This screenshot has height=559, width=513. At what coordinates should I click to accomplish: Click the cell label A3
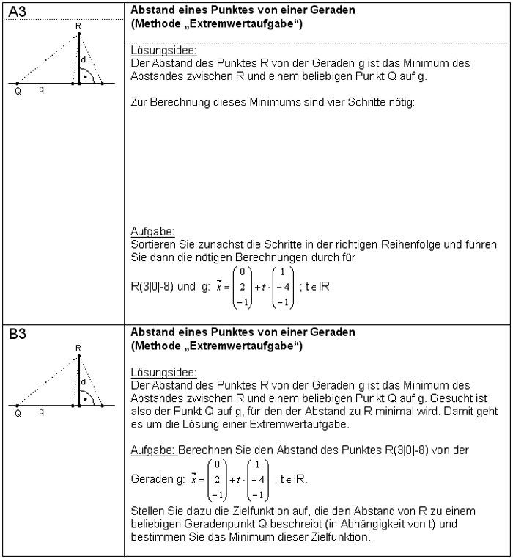click(x=18, y=12)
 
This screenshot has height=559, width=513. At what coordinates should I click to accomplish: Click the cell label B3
click(x=18, y=335)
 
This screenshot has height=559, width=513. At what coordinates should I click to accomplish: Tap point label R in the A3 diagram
click(x=78, y=25)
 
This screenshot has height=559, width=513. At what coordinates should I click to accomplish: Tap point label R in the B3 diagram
click(x=78, y=347)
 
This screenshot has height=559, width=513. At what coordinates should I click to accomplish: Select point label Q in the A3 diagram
click(x=18, y=92)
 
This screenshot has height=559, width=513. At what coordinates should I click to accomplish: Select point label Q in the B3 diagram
click(x=18, y=413)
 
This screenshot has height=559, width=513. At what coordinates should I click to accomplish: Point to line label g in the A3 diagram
click(x=42, y=91)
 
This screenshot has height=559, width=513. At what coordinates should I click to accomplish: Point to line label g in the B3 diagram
click(x=42, y=412)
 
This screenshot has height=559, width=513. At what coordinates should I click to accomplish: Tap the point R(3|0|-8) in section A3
click(x=158, y=287)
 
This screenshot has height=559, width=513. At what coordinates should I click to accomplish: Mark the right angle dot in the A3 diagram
click(x=86, y=76)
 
